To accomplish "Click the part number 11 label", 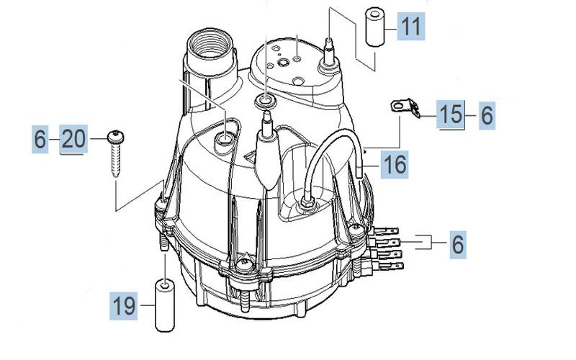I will click(410, 28).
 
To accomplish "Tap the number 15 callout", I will click(451, 114).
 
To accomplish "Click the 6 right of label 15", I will click(487, 114).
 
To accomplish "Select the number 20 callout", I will click(73, 138).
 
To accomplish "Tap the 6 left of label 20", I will click(40, 138).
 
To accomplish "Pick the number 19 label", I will click(124, 307).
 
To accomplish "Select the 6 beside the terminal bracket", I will click(458, 244).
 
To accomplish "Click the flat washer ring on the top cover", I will click(266, 100).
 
